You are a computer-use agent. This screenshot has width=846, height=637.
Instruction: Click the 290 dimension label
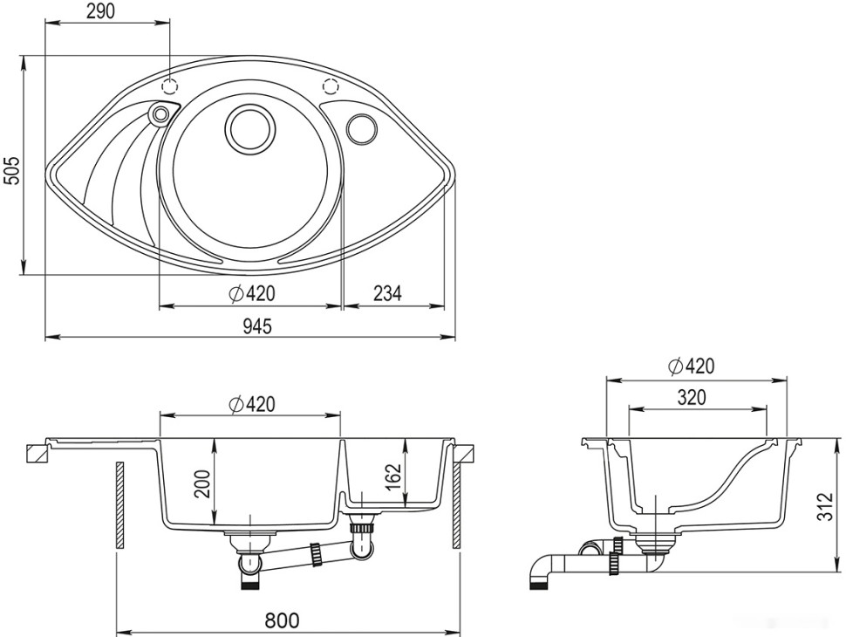100,11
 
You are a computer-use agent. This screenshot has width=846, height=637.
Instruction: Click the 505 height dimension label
11,170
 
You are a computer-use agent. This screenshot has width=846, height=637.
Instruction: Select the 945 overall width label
256,325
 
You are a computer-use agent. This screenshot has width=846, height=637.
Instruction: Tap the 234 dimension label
387,293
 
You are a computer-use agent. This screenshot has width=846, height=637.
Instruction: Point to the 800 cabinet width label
283,620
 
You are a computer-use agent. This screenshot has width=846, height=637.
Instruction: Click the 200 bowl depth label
201,484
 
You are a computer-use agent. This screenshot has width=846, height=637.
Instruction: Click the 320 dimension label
691,398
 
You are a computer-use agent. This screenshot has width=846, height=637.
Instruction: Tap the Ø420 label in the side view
691,366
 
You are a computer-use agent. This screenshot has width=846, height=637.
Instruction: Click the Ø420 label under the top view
251,293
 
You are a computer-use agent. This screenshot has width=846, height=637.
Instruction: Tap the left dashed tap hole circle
169,86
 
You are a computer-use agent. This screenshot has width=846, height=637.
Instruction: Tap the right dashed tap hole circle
330,86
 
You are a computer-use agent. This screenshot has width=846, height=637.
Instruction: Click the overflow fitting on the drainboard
160,114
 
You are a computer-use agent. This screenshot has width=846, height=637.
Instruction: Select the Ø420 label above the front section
251,404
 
